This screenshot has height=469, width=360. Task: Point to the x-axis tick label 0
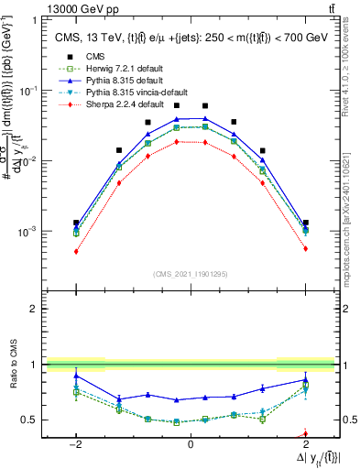(x=190, y=442)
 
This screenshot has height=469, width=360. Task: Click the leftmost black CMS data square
(x=76, y=223)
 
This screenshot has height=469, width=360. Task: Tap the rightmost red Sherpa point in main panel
(x=305, y=249)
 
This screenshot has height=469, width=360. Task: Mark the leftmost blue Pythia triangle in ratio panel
(x=76, y=376)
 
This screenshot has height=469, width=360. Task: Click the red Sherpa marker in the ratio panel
(x=305, y=434)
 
